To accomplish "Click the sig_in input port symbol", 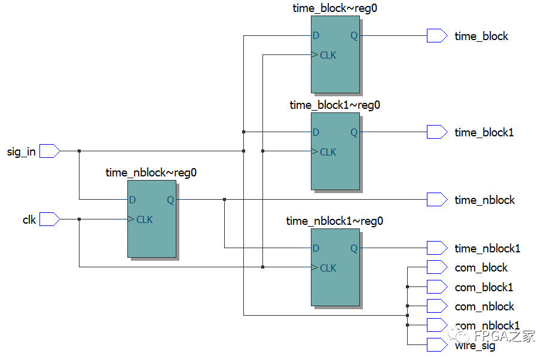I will (50, 151).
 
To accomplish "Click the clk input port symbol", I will (50, 219).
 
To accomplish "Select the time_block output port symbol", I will (436, 36).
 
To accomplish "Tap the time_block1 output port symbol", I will (436, 132).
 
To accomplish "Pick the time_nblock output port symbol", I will (436, 200).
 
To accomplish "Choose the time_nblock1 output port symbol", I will (436, 248).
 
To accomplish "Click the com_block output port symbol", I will (436, 267).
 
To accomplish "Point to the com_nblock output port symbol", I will (436, 306).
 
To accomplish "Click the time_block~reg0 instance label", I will (335, 8).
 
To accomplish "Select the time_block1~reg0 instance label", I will (335, 105).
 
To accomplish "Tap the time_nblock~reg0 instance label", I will (151, 173).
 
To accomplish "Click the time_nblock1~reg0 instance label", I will (335, 221).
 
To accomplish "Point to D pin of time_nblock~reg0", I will (132, 200).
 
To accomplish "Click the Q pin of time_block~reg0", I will (354, 36).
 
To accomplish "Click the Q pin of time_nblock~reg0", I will (170, 200).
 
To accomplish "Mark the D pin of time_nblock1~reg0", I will (316, 248).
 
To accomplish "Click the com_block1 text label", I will (484, 287).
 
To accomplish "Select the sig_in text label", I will (21, 152).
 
